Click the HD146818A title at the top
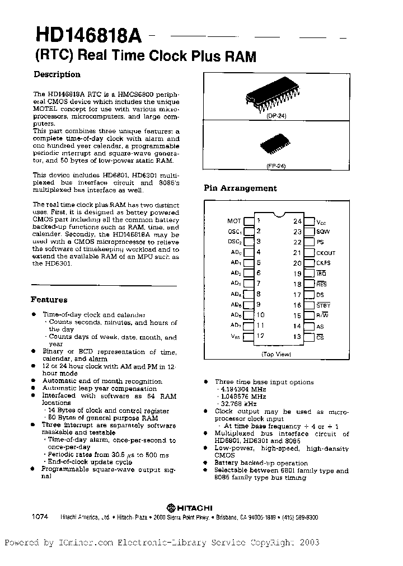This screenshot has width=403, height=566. tap(90, 36)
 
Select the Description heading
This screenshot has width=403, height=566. tap(57, 74)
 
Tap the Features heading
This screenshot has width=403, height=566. tap(49, 300)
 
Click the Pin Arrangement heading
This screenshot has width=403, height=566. tap(240, 188)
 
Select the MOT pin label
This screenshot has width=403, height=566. tap(234, 221)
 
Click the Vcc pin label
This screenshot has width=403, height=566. tap(322, 221)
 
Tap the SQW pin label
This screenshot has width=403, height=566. tap(323, 232)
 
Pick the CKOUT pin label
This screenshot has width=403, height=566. tap(326, 253)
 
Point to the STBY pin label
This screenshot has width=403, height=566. tap(324, 305)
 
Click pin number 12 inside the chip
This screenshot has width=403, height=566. tap(259, 336)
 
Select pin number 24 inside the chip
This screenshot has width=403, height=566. tap(298, 221)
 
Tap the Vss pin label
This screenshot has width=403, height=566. tap(236, 336)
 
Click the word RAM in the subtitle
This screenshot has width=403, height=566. tap(241, 56)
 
